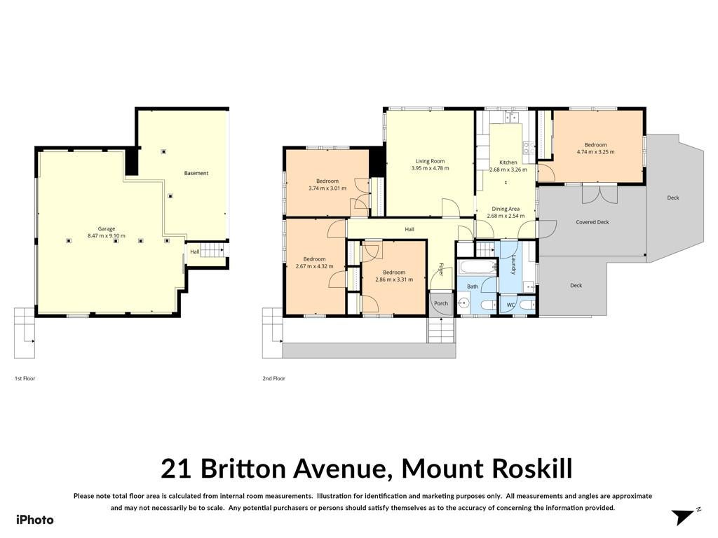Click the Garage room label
click(x=107, y=229)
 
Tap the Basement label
click(x=196, y=173)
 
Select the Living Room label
click(x=430, y=161)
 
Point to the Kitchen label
click(x=508, y=163)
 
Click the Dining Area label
click(x=506, y=209)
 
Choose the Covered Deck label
click(x=592, y=222)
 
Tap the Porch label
click(x=441, y=303)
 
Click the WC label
click(x=510, y=305)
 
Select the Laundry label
click(x=514, y=264)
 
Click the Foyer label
click(x=442, y=269)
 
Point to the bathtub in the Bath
click(x=477, y=267)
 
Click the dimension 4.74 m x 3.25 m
click(x=595, y=152)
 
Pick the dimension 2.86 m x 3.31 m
click(x=394, y=280)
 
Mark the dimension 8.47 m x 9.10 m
click(x=107, y=236)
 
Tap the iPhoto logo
click(x=35, y=520)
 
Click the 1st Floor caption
click(x=25, y=378)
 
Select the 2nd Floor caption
click(x=274, y=378)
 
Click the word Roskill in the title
click(x=532, y=469)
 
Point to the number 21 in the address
click(x=176, y=469)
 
